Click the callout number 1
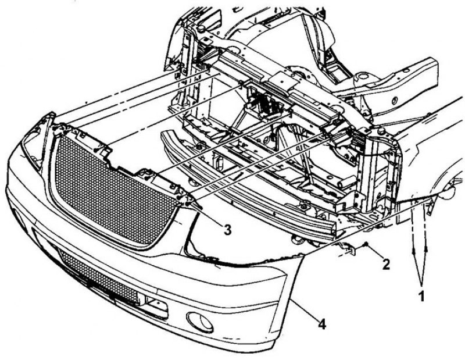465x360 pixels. [421, 296]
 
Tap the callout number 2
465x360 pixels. [386, 264]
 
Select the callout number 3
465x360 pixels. [227, 229]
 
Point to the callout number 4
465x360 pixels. [322, 324]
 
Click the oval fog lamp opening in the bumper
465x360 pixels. [199, 322]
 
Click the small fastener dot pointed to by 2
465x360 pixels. [367, 244]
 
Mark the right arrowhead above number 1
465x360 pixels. [427, 249]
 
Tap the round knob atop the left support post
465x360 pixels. [201, 28]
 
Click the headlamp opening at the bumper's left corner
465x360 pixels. [33, 148]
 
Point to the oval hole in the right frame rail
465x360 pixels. [395, 101]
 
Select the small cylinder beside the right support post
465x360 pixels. [348, 180]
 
